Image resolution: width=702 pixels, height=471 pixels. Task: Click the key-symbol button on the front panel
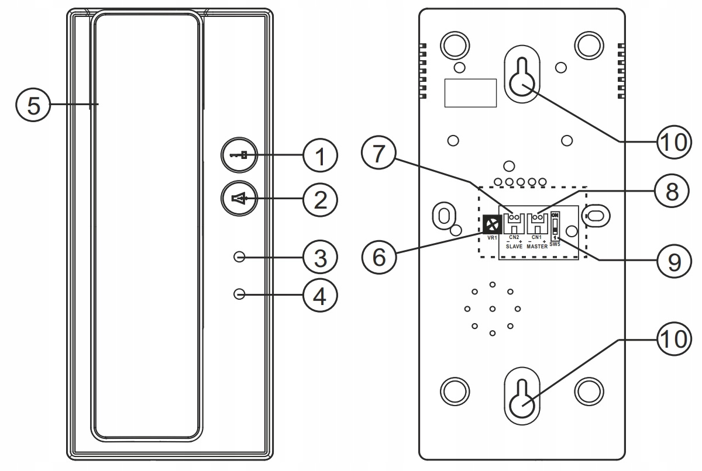(239, 155)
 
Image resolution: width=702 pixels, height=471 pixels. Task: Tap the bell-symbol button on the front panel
(239, 199)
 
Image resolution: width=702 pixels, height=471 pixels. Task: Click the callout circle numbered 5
(33, 105)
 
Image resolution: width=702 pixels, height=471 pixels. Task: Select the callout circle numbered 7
(378, 153)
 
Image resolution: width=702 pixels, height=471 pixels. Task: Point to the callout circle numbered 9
(674, 261)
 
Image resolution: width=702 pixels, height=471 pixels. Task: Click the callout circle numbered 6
(379, 257)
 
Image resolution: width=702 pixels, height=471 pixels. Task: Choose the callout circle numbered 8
(672, 191)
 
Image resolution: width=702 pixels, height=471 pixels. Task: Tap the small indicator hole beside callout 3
(239, 257)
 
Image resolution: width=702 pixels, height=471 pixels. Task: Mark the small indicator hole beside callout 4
(239, 294)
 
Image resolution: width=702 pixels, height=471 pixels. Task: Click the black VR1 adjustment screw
(492, 224)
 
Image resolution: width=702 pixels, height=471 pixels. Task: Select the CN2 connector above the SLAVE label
(514, 223)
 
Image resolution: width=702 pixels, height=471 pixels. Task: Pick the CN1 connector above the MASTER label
(537, 223)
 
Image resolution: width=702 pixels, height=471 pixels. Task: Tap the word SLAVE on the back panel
(514, 247)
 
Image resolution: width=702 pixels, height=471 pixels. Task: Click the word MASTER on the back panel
(537, 247)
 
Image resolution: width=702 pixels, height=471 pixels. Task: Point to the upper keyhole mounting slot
(522, 74)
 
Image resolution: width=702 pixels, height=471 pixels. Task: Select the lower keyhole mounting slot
(522, 396)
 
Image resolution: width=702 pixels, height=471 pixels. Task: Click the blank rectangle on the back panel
(470, 93)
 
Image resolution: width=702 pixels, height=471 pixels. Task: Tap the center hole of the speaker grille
(493, 309)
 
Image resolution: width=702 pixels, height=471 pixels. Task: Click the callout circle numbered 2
(320, 200)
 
